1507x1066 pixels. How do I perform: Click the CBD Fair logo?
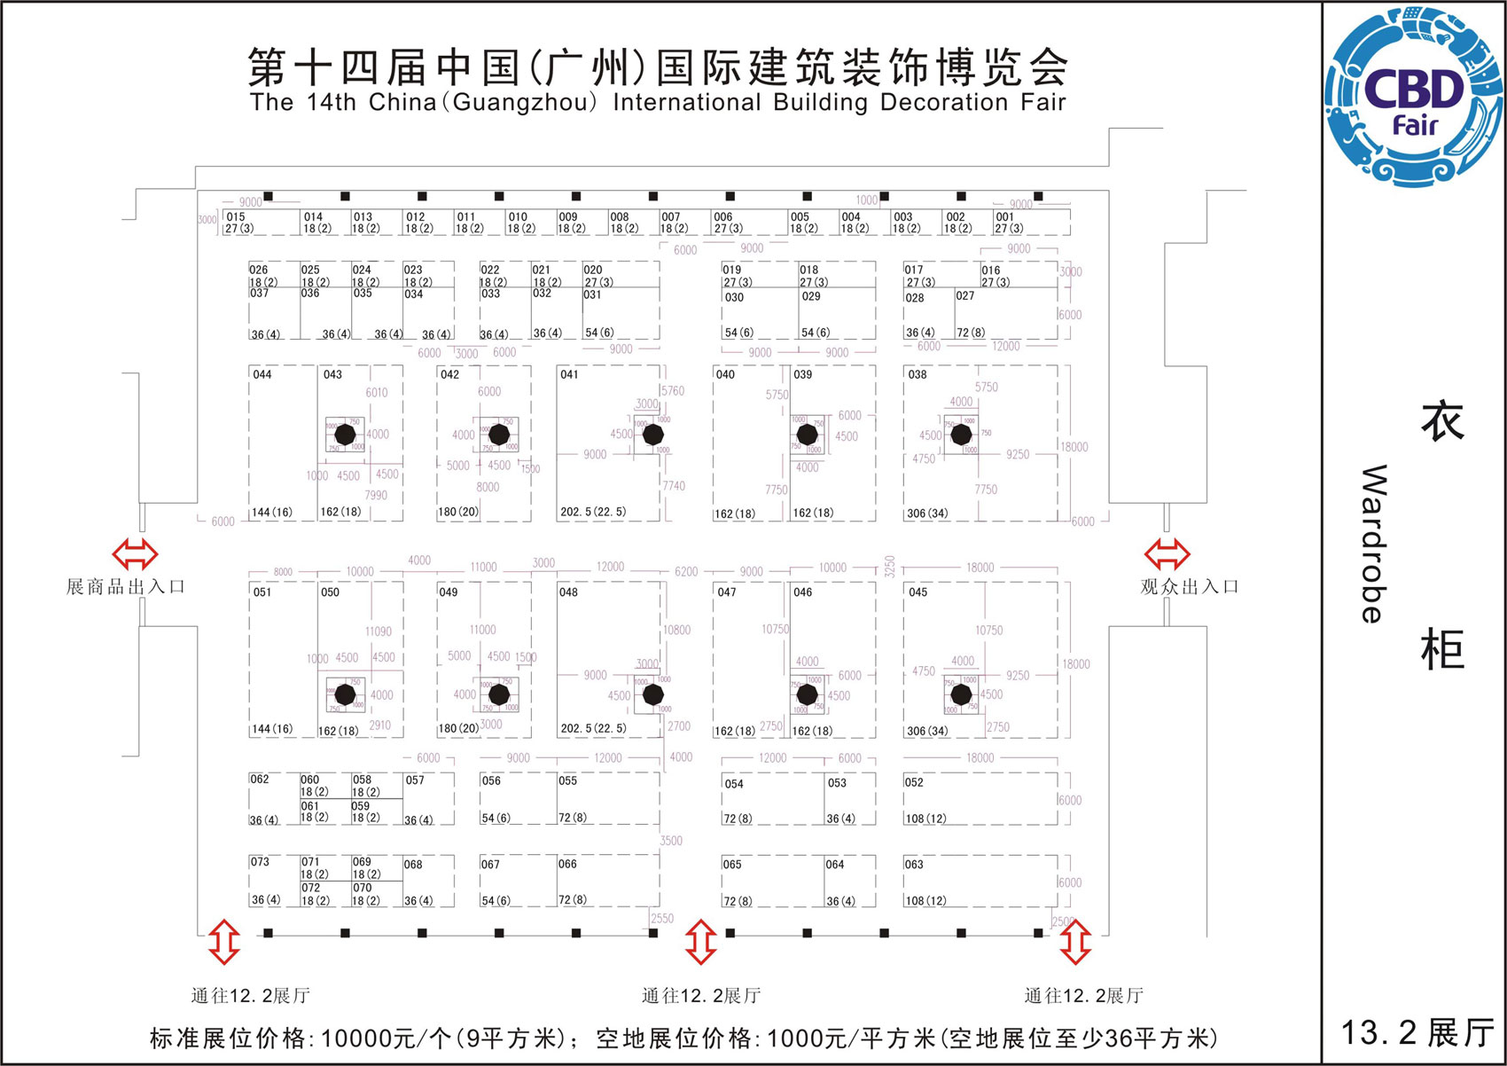pos(1415,98)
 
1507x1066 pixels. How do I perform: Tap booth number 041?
pos(569,375)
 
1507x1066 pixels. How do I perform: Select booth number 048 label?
pos(568,592)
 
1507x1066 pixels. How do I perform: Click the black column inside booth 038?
pos(961,435)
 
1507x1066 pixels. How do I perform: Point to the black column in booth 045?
pos(961,694)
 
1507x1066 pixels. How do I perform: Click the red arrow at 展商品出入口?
pos(135,554)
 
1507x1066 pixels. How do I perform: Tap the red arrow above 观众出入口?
pos(1167,554)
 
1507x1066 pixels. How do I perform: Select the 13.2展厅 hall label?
pos(1416,1032)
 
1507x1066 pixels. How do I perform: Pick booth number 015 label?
pos(236,216)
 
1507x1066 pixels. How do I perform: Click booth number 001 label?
pos(1004,216)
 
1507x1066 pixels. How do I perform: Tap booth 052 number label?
pos(914,782)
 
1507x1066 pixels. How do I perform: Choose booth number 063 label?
pos(914,864)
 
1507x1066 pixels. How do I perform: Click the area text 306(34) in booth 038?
pos(926,513)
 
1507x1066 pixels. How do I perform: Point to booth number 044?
pos(262,375)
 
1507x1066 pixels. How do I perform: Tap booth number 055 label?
pos(567,781)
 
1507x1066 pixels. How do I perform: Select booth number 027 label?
pos(964,296)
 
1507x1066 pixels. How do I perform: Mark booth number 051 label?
pos(262,592)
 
